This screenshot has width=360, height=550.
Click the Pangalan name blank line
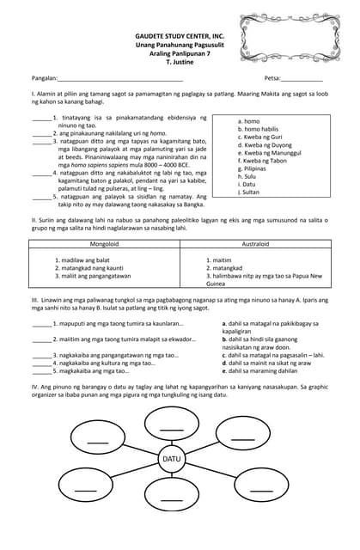[x=112, y=79]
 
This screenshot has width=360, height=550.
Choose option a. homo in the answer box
[x=248, y=122]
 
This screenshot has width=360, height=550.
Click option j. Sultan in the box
[x=250, y=192]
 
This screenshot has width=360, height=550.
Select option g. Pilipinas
[x=253, y=168]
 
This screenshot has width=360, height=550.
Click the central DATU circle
[x=172, y=460]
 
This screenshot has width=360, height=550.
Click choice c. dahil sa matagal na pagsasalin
[x=273, y=354]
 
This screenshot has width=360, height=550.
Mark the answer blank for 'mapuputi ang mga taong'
[x=40, y=324]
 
